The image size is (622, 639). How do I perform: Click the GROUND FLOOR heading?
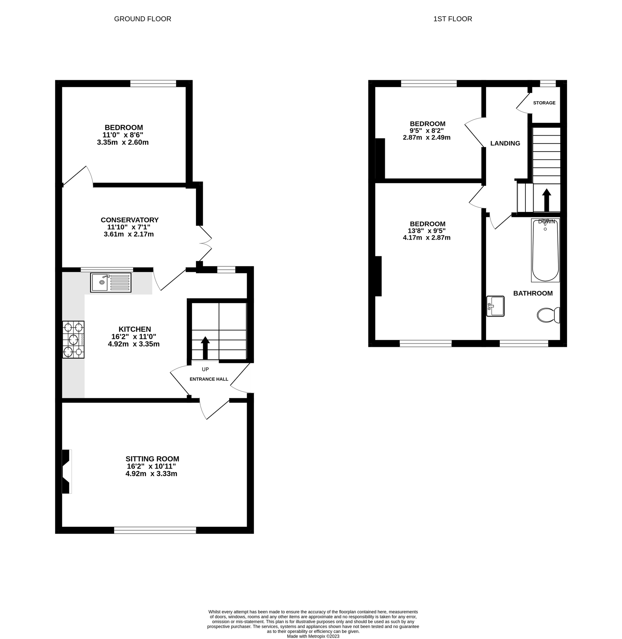pyautogui.click(x=142, y=19)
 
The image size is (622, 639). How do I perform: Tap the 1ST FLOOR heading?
pyautogui.click(x=452, y=19)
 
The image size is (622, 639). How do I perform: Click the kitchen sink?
pyautogui.click(x=110, y=282)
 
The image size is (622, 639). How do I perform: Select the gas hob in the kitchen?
pyautogui.click(x=73, y=339)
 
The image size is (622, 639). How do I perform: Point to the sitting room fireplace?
pyautogui.click(x=66, y=471)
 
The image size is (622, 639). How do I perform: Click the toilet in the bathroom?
pyautogui.click(x=548, y=315)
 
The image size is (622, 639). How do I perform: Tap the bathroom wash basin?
pyautogui.click(x=495, y=306)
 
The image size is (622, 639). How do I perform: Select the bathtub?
pyautogui.click(x=545, y=250)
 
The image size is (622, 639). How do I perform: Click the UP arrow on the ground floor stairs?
pyautogui.click(x=205, y=348)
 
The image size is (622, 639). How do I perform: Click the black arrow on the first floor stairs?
pyautogui.click(x=546, y=200)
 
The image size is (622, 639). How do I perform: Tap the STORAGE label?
pyautogui.click(x=544, y=103)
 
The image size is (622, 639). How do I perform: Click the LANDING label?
pyautogui.click(x=505, y=143)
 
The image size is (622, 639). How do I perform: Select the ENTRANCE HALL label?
pyautogui.click(x=209, y=379)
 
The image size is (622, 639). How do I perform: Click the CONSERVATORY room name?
pyautogui.click(x=130, y=220)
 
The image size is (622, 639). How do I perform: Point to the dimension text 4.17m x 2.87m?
pyautogui.click(x=426, y=238)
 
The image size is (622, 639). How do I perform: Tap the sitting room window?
pyautogui.click(x=155, y=530)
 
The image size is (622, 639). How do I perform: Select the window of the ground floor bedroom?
pyautogui.click(x=153, y=83)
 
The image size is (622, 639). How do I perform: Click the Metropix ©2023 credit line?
pyautogui.click(x=313, y=637)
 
